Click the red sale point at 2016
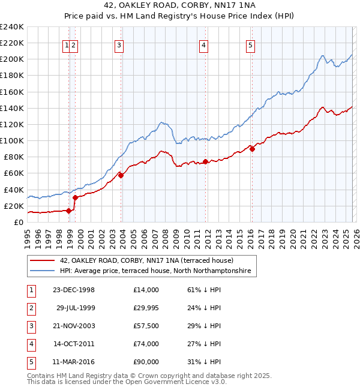(252, 149)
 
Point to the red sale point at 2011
(205, 161)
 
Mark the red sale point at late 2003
(121, 175)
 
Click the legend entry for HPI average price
(157, 271)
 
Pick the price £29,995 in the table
(146, 308)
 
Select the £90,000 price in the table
(146, 362)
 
